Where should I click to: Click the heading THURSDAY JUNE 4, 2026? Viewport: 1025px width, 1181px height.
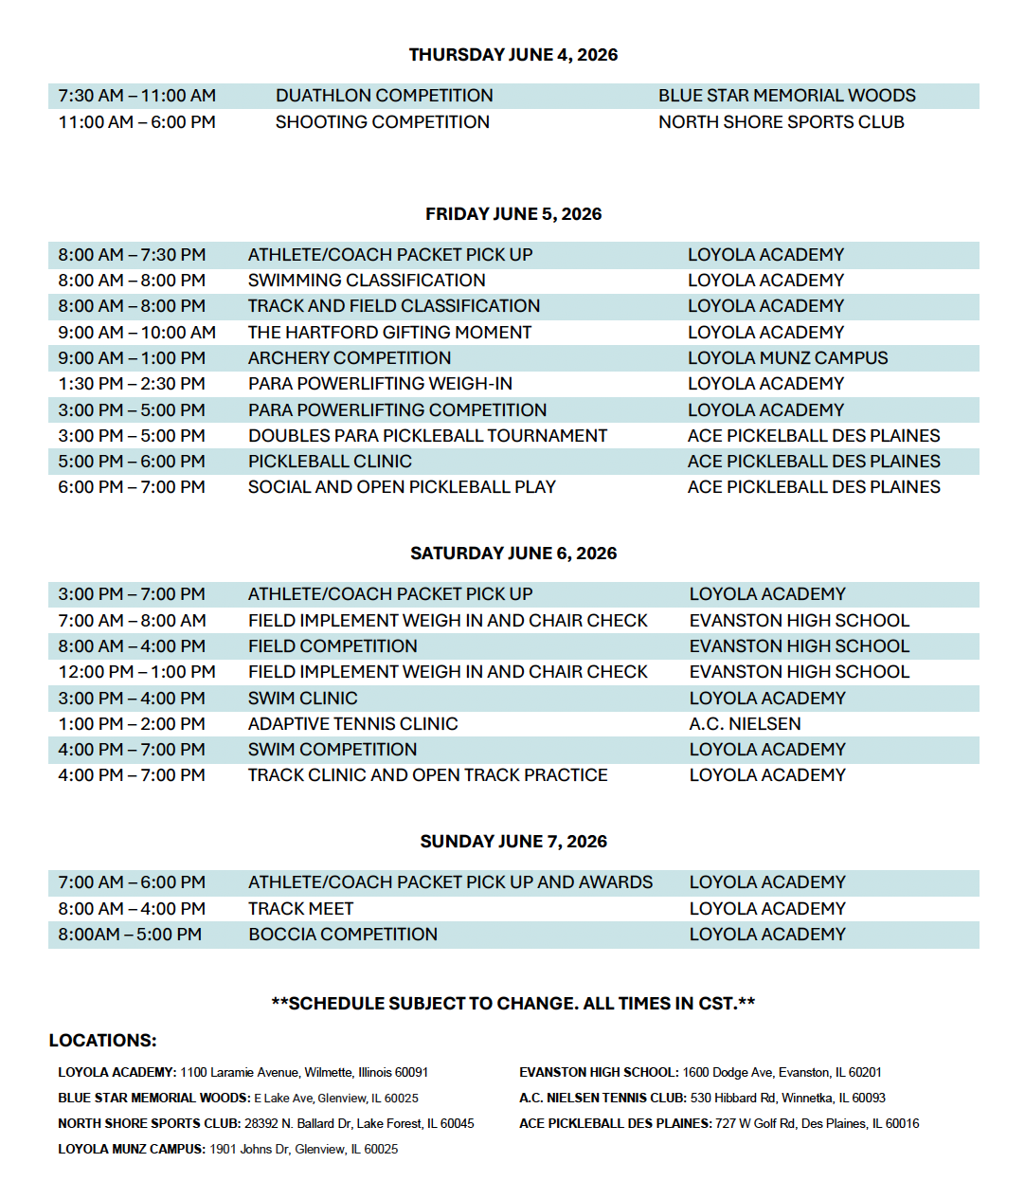[512, 55]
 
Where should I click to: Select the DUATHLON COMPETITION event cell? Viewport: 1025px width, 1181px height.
[384, 96]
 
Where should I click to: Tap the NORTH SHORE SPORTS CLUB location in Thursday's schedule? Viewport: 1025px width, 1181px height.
[781, 122]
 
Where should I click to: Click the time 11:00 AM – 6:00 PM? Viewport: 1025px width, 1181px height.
[136, 122]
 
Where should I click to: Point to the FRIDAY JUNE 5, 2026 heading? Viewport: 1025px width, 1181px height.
[512, 214]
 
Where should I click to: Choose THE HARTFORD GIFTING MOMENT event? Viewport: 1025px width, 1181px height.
[389, 333]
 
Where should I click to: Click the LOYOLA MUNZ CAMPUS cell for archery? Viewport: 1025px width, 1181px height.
[787, 358]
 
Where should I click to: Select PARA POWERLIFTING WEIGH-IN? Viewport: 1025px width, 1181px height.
[380, 384]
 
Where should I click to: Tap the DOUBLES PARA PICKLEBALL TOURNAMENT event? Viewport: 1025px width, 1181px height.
[427, 436]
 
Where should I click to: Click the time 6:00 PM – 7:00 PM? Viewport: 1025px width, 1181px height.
[132, 487]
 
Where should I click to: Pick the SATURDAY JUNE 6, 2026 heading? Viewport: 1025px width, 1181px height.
[512, 554]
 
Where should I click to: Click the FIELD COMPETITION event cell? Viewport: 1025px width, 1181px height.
[333, 646]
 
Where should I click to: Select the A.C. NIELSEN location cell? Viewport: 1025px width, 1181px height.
[745, 724]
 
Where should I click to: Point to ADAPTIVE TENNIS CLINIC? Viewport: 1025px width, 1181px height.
[352, 724]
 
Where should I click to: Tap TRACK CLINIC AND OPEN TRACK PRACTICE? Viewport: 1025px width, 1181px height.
[427, 775]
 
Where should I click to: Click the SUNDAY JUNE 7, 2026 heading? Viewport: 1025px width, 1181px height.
[512, 842]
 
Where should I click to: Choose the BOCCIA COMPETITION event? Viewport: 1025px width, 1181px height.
[343, 935]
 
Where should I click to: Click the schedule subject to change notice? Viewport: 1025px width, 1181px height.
[512, 1004]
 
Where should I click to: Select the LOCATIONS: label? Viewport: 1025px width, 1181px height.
[102, 1041]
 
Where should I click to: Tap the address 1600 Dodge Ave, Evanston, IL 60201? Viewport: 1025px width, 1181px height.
[782, 1073]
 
